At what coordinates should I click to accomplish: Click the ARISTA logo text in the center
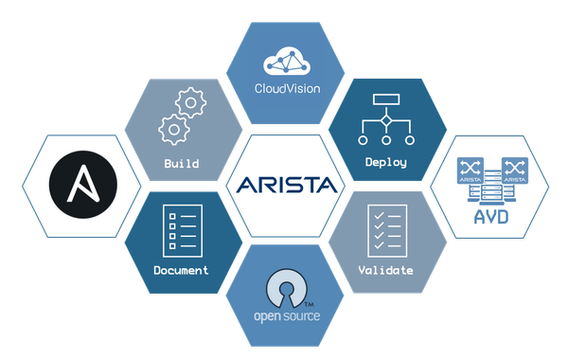pos(284,183)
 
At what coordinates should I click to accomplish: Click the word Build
pos(181,163)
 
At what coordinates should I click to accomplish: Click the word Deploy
pos(385,162)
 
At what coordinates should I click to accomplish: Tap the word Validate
pos(386,270)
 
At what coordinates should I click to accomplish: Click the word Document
pos(181,270)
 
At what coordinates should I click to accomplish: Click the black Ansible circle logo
pos(80,183)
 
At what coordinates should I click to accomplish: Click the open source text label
pos(287,315)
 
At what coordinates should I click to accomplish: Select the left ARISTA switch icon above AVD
pos(470,170)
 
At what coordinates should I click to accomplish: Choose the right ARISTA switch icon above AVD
pos(514,170)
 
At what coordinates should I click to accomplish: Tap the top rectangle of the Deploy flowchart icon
pos(386,100)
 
